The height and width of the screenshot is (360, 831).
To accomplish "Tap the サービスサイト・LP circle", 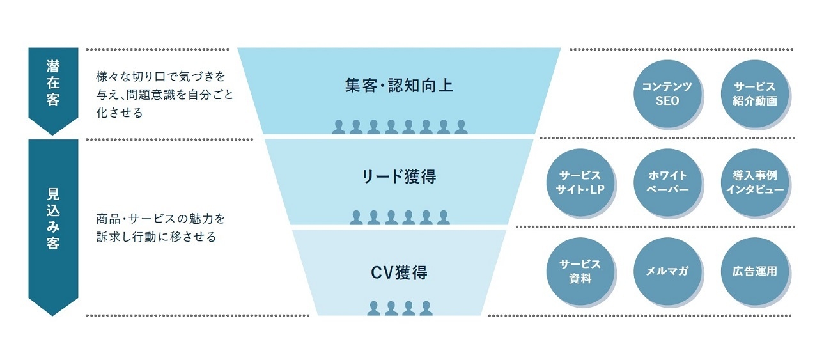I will tap(579, 183).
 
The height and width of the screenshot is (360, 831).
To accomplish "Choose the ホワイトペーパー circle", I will tap(667, 183).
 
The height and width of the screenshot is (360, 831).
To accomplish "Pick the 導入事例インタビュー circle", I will tap(754, 183).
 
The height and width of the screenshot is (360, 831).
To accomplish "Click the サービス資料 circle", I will tap(579, 271).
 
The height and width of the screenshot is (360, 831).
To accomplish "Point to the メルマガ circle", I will tap(667, 271).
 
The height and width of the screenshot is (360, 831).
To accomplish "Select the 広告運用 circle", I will tap(754, 271).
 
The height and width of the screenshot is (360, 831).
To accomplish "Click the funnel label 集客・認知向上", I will tap(399, 86).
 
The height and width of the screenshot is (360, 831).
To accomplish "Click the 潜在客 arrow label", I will tap(53, 83).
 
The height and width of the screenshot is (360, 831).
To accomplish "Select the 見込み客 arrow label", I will tap(53, 217).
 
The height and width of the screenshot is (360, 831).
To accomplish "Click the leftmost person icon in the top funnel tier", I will tap(338, 127).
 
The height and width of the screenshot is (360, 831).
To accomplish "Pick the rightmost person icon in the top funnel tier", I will tap(461, 127).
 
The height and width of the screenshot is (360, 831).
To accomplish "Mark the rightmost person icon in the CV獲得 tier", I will tap(426, 308).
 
